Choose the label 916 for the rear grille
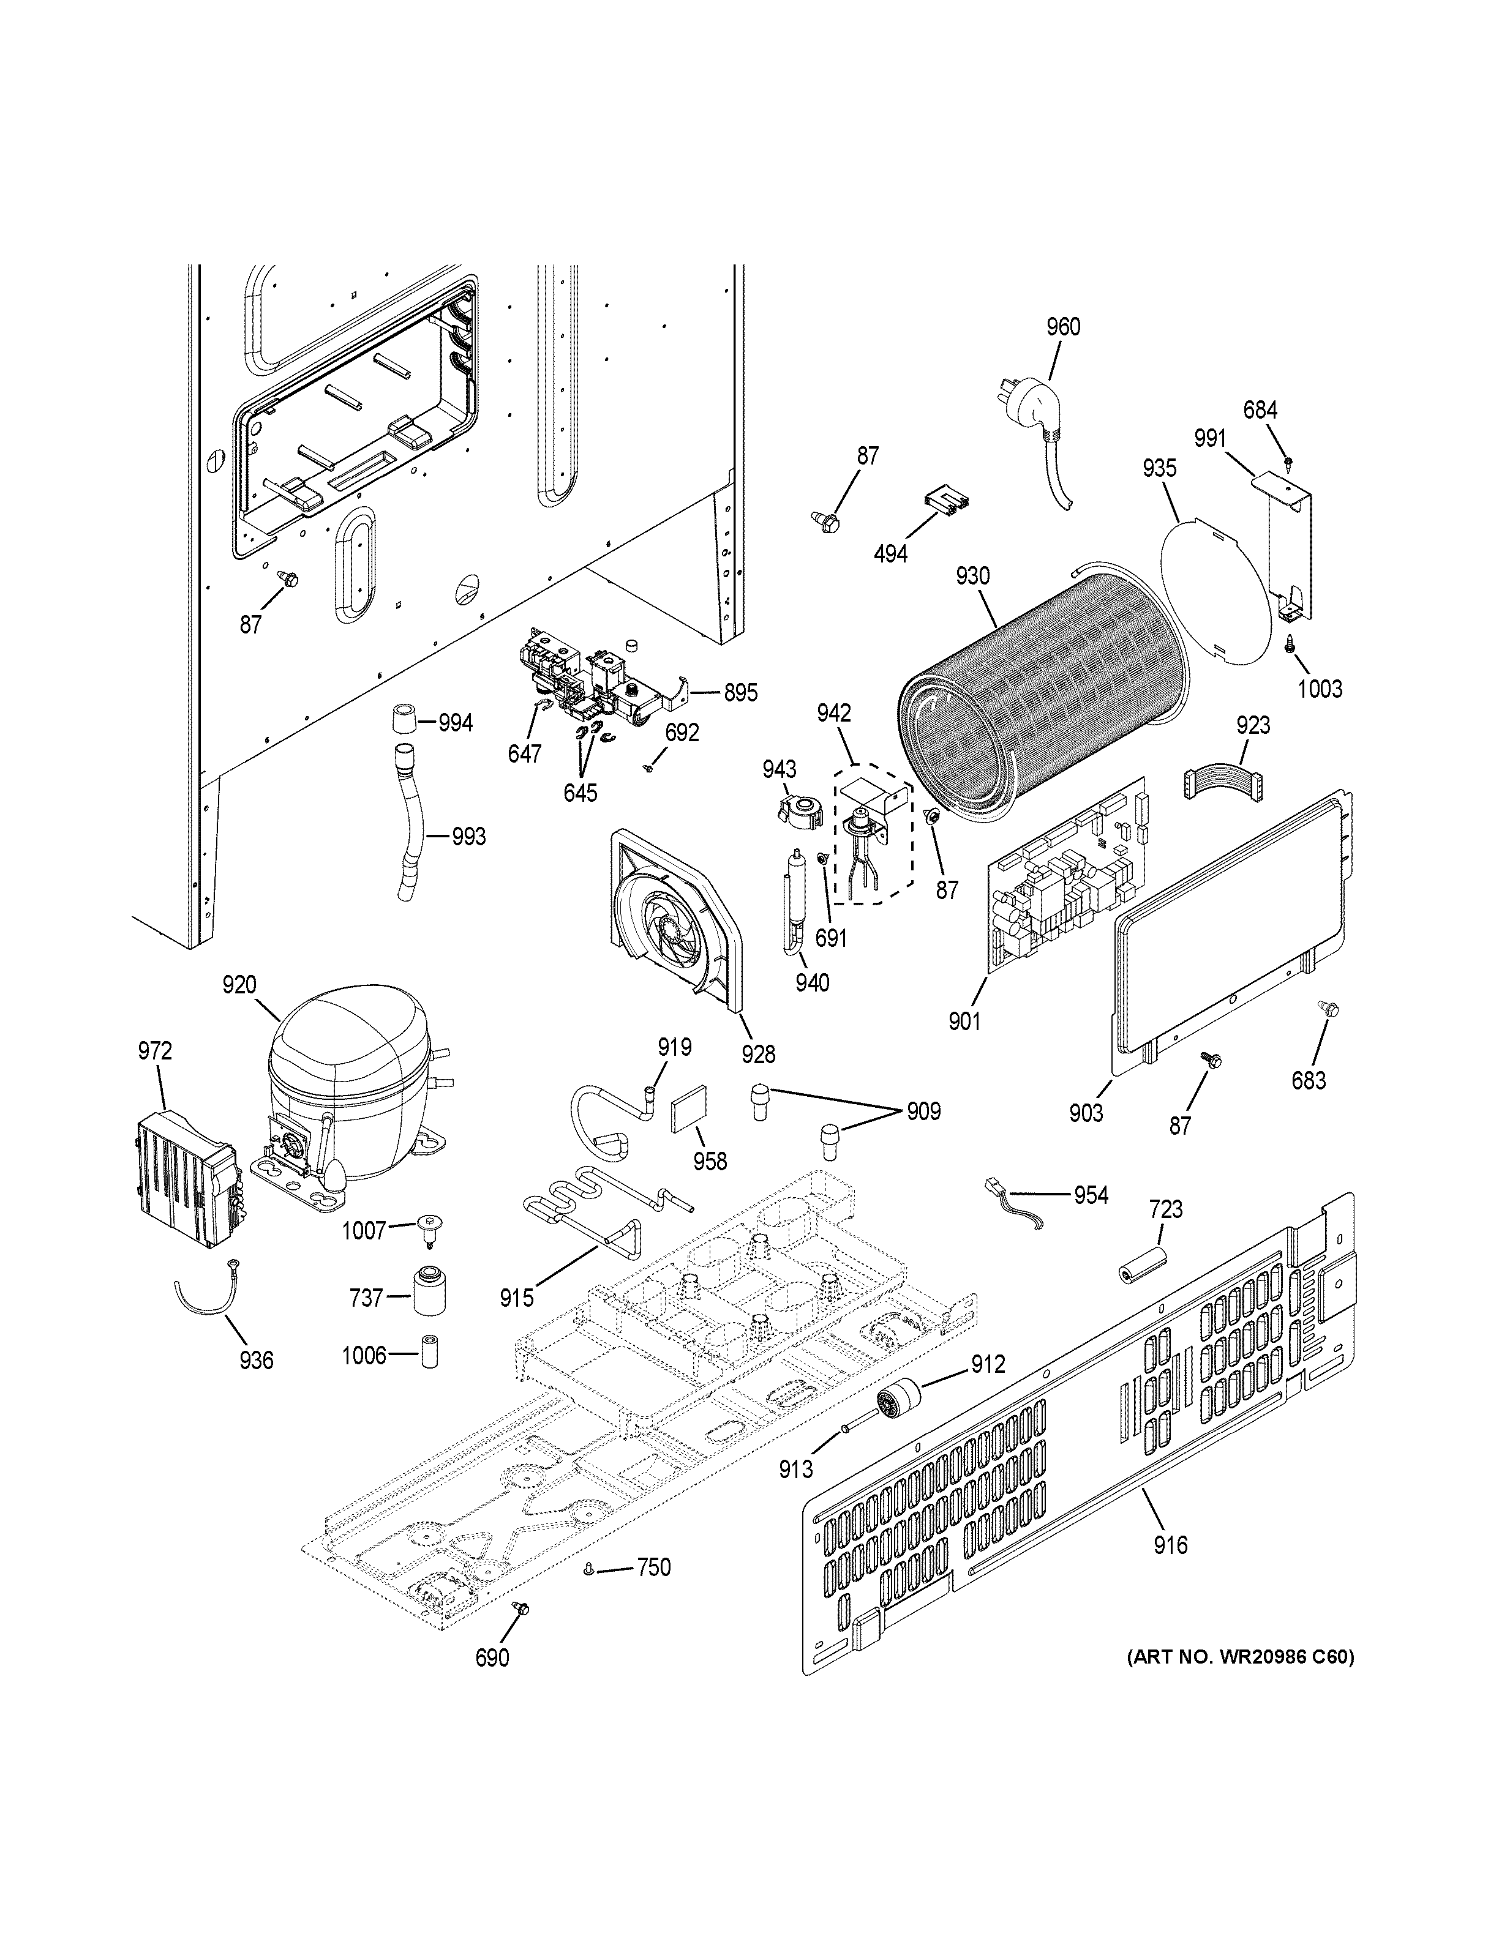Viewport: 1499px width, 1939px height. click(x=1170, y=1545)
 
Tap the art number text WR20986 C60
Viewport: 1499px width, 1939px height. click(x=1240, y=1681)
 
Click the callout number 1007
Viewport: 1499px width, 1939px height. click(x=364, y=1230)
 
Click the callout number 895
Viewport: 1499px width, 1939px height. click(x=740, y=692)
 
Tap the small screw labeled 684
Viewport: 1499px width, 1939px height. click(x=1288, y=461)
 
